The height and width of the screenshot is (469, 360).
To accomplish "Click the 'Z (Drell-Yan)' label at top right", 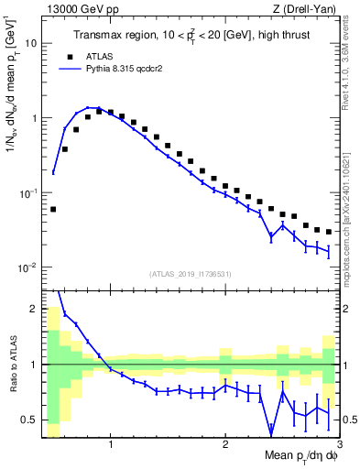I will click(x=309, y=10).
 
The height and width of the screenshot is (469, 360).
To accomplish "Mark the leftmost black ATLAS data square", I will click(x=53, y=209).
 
